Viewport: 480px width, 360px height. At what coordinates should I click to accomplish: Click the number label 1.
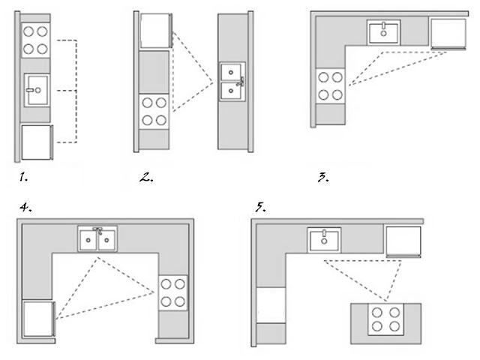tap(25, 178)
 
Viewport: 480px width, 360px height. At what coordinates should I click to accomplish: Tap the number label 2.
tap(146, 178)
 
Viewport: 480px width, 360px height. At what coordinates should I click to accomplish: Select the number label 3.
tap(322, 178)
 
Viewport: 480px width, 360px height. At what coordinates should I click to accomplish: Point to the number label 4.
tap(25, 205)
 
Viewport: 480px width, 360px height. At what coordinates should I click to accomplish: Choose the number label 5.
tap(260, 206)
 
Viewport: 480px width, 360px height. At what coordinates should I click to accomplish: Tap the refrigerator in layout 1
tap(36, 142)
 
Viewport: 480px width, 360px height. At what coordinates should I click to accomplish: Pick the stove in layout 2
tap(155, 111)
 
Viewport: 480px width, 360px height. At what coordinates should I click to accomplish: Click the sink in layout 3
tap(385, 32)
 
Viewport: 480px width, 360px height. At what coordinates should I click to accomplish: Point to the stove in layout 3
tap(331, 85)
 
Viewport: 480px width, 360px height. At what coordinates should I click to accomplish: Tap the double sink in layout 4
tap(98, 239)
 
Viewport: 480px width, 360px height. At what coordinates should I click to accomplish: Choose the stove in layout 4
tap(173, 292)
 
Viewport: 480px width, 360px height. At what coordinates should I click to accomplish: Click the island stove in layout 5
tap(385, 319)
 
